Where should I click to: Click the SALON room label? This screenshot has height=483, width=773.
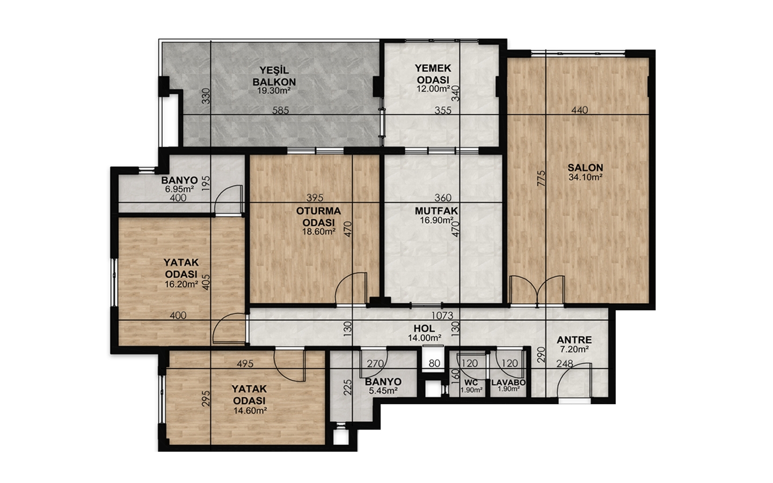point(585,168)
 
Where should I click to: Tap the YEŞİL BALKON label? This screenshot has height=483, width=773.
point(274,76)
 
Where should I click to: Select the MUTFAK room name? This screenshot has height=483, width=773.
point(436,211)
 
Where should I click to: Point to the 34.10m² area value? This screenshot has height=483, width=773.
point(585,177)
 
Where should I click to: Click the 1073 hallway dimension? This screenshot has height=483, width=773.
point(442,316)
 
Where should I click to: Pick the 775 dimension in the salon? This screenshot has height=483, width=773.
point(542,178)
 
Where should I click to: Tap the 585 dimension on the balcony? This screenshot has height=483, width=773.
point(281,111)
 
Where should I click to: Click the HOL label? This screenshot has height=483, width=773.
point(424,329)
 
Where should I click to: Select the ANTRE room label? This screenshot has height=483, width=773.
point(574,340)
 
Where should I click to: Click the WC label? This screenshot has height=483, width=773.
point(471,383)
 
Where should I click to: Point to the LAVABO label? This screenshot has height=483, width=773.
point(508,383)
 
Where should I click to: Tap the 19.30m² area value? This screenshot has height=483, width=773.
point(274,91)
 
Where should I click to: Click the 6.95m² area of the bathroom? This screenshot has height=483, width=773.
point(179,189)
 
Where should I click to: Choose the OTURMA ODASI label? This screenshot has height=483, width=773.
point(318,217)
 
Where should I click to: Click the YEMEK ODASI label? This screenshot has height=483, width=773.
point(433,74)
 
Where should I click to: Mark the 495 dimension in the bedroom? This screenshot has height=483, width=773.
point(245,364)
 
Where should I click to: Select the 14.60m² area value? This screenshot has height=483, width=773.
point(250,411)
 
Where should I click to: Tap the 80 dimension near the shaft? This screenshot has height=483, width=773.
point(434,363)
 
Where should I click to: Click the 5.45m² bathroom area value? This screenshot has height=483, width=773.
point(383,391)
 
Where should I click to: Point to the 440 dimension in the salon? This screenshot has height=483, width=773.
point(579,110)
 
